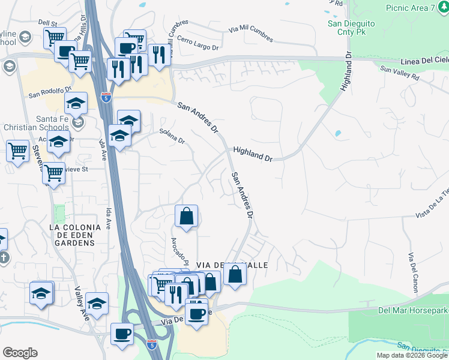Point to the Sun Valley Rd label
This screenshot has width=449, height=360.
click(399, 74)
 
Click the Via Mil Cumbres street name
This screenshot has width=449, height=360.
click(250, 34)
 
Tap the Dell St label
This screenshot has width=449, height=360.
click(47, 23)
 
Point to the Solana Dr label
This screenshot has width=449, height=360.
click(172, 136)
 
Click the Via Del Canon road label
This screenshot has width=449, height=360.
click(412, 273)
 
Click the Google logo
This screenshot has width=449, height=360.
click(20, 353)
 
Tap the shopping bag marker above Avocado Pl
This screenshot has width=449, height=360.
click(187, 217)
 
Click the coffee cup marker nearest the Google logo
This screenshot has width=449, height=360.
click(122, 333)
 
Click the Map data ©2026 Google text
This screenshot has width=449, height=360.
click(411, 355)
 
